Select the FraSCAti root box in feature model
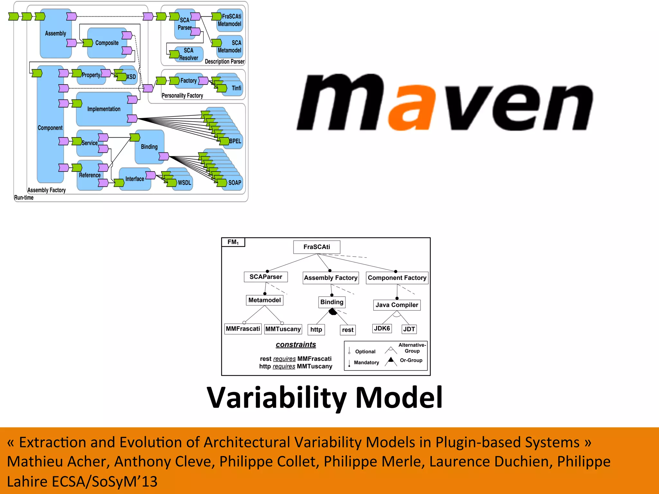(317, 247)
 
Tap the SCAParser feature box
(266, 277)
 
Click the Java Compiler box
(397, 305)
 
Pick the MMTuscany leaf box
(283, 329)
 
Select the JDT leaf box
(409, 329)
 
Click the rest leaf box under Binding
(348, 330)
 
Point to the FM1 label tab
(233, 242)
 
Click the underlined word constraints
(296, 345)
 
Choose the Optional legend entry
(365, 352)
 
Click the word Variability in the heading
(277, 398)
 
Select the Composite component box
(107, 43)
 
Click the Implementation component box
(104, 109)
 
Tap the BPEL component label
(235, 141)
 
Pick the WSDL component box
(184, 183)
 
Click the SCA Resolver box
(189, 54)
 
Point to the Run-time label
(24, 198)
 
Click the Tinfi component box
(236, 88)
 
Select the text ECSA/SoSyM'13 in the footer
(105, 482)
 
